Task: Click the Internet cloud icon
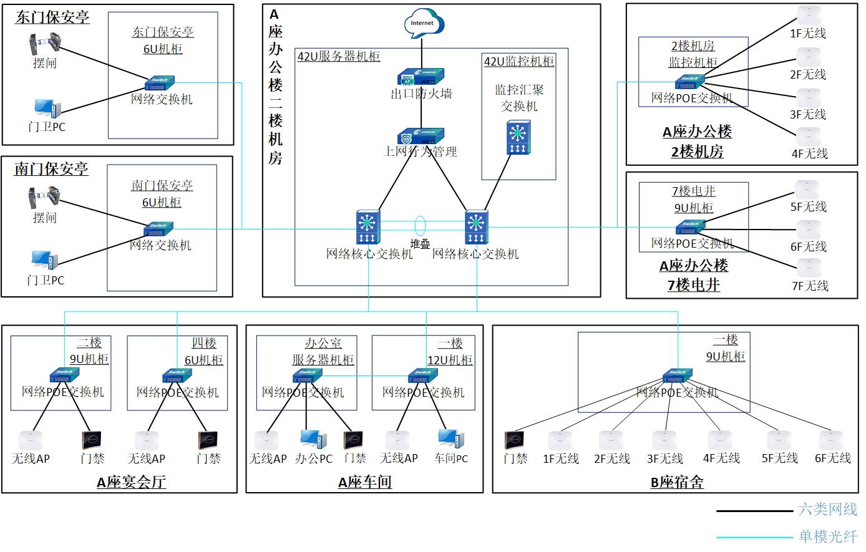point(422,23)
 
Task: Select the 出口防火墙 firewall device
point(421,77)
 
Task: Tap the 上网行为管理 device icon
point(421,136)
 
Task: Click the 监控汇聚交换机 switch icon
point(518,138)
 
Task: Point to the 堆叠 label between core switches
point(420,244)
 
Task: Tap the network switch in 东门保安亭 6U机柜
point(160,83)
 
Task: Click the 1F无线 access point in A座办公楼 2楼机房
point(809,15)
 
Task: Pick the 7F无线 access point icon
point(809,268)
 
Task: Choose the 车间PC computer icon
point(450,439)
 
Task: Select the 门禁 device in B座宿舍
point(514,440)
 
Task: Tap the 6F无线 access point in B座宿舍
point(832,440)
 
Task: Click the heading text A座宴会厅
point(131,482)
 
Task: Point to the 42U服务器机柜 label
point(338,57)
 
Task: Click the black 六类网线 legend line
point(754,511)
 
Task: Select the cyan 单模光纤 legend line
point(754,536)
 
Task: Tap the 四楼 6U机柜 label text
point(203,352)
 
